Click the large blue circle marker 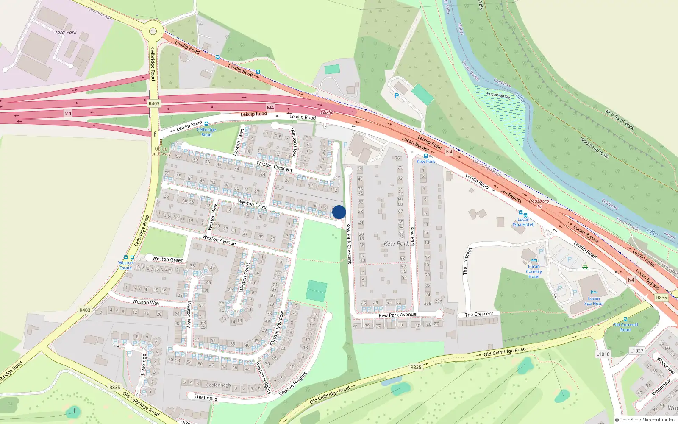click(x=339, y=212)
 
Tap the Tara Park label click(x=66, y=32)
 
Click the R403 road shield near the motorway click(x=154, y=103)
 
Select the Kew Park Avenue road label click(x=397, y=315)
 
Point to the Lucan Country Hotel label click(x=534, y=271)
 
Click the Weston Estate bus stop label click(x=125, y=265)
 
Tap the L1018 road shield click(x=603, y=354)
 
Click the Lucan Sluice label click(x=498, y=95)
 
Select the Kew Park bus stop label click(x=426, y=162)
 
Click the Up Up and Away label click(x=161, y=151)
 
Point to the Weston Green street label click(x=168, y=259)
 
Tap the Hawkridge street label click(x=143, y=365)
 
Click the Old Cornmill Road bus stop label click(x=625, y=327)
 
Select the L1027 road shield click(x=636, y=351)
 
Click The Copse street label click(x=206, y=397)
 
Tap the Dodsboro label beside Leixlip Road click(x=539, y=201)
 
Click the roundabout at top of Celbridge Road click(x=153, y=31)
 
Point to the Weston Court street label click(x=245, y=277)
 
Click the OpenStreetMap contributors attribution click(x=645, y=420)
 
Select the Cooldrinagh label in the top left click(x=100, y=13)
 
